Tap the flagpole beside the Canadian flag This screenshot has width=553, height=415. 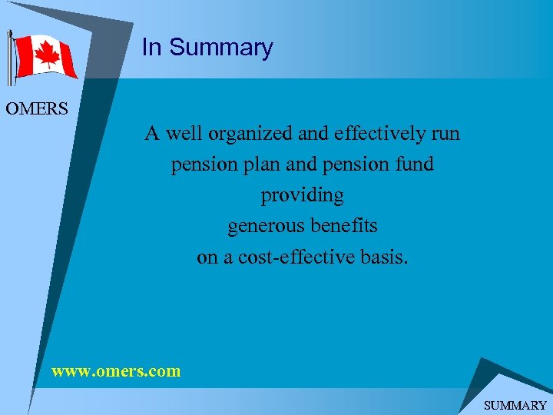click(9, 58)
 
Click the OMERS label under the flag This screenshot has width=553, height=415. click(37, 108)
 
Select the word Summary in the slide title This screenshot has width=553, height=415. click(220, 48)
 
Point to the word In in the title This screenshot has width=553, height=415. click(151, 48)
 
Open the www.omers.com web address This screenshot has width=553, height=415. click(116, 371)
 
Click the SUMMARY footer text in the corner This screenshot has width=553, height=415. click(515, 405)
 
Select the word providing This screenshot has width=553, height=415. click(302, 195)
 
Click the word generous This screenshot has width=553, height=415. click(263, 226)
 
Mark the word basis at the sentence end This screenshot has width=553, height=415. click(385, 257)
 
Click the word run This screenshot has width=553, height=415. click(445, 134)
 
